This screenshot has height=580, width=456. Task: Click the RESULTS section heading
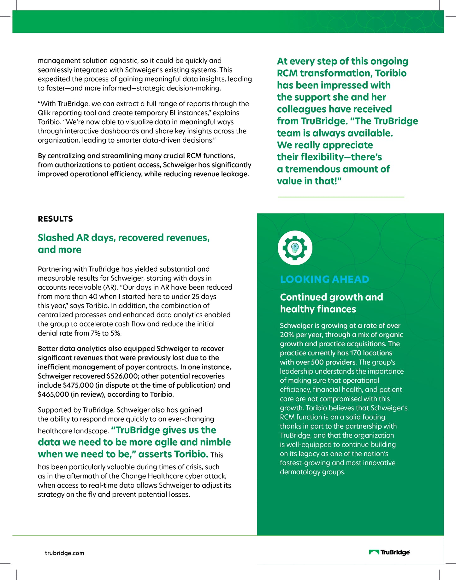pyautogui.click(x=55, y=219)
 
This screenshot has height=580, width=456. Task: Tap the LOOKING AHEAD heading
pyautogui.click(x=324, y=279)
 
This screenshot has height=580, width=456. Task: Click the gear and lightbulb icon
pyautogui.click(x=295, y=248)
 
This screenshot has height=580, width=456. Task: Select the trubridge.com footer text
pyautogui.click(x=65, y=553)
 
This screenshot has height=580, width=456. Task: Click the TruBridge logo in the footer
pyautogui.click(x=390, y=552)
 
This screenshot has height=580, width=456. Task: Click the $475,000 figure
pyautogui.click(x=78, y=385)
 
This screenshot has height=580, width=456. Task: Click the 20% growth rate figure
pyautogui.click(x=286, y=335)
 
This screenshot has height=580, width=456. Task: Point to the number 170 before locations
pyautogui.click(x=356, y=353)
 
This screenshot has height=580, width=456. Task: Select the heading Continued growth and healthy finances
pyautogui.click(x=331, y=303)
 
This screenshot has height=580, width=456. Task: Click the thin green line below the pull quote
pyautogui.click(x=341, y=197)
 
